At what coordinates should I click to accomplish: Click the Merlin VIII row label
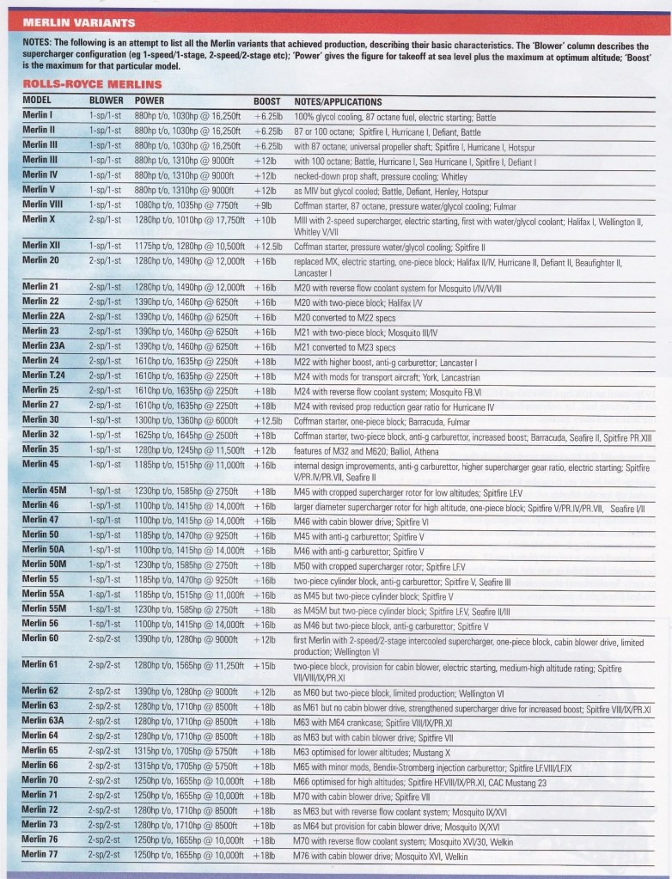point(44,207)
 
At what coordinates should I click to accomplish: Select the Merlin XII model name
point(41,246)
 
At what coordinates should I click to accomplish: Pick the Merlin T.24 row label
point(44,376)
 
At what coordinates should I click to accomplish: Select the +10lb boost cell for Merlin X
point(266,221)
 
